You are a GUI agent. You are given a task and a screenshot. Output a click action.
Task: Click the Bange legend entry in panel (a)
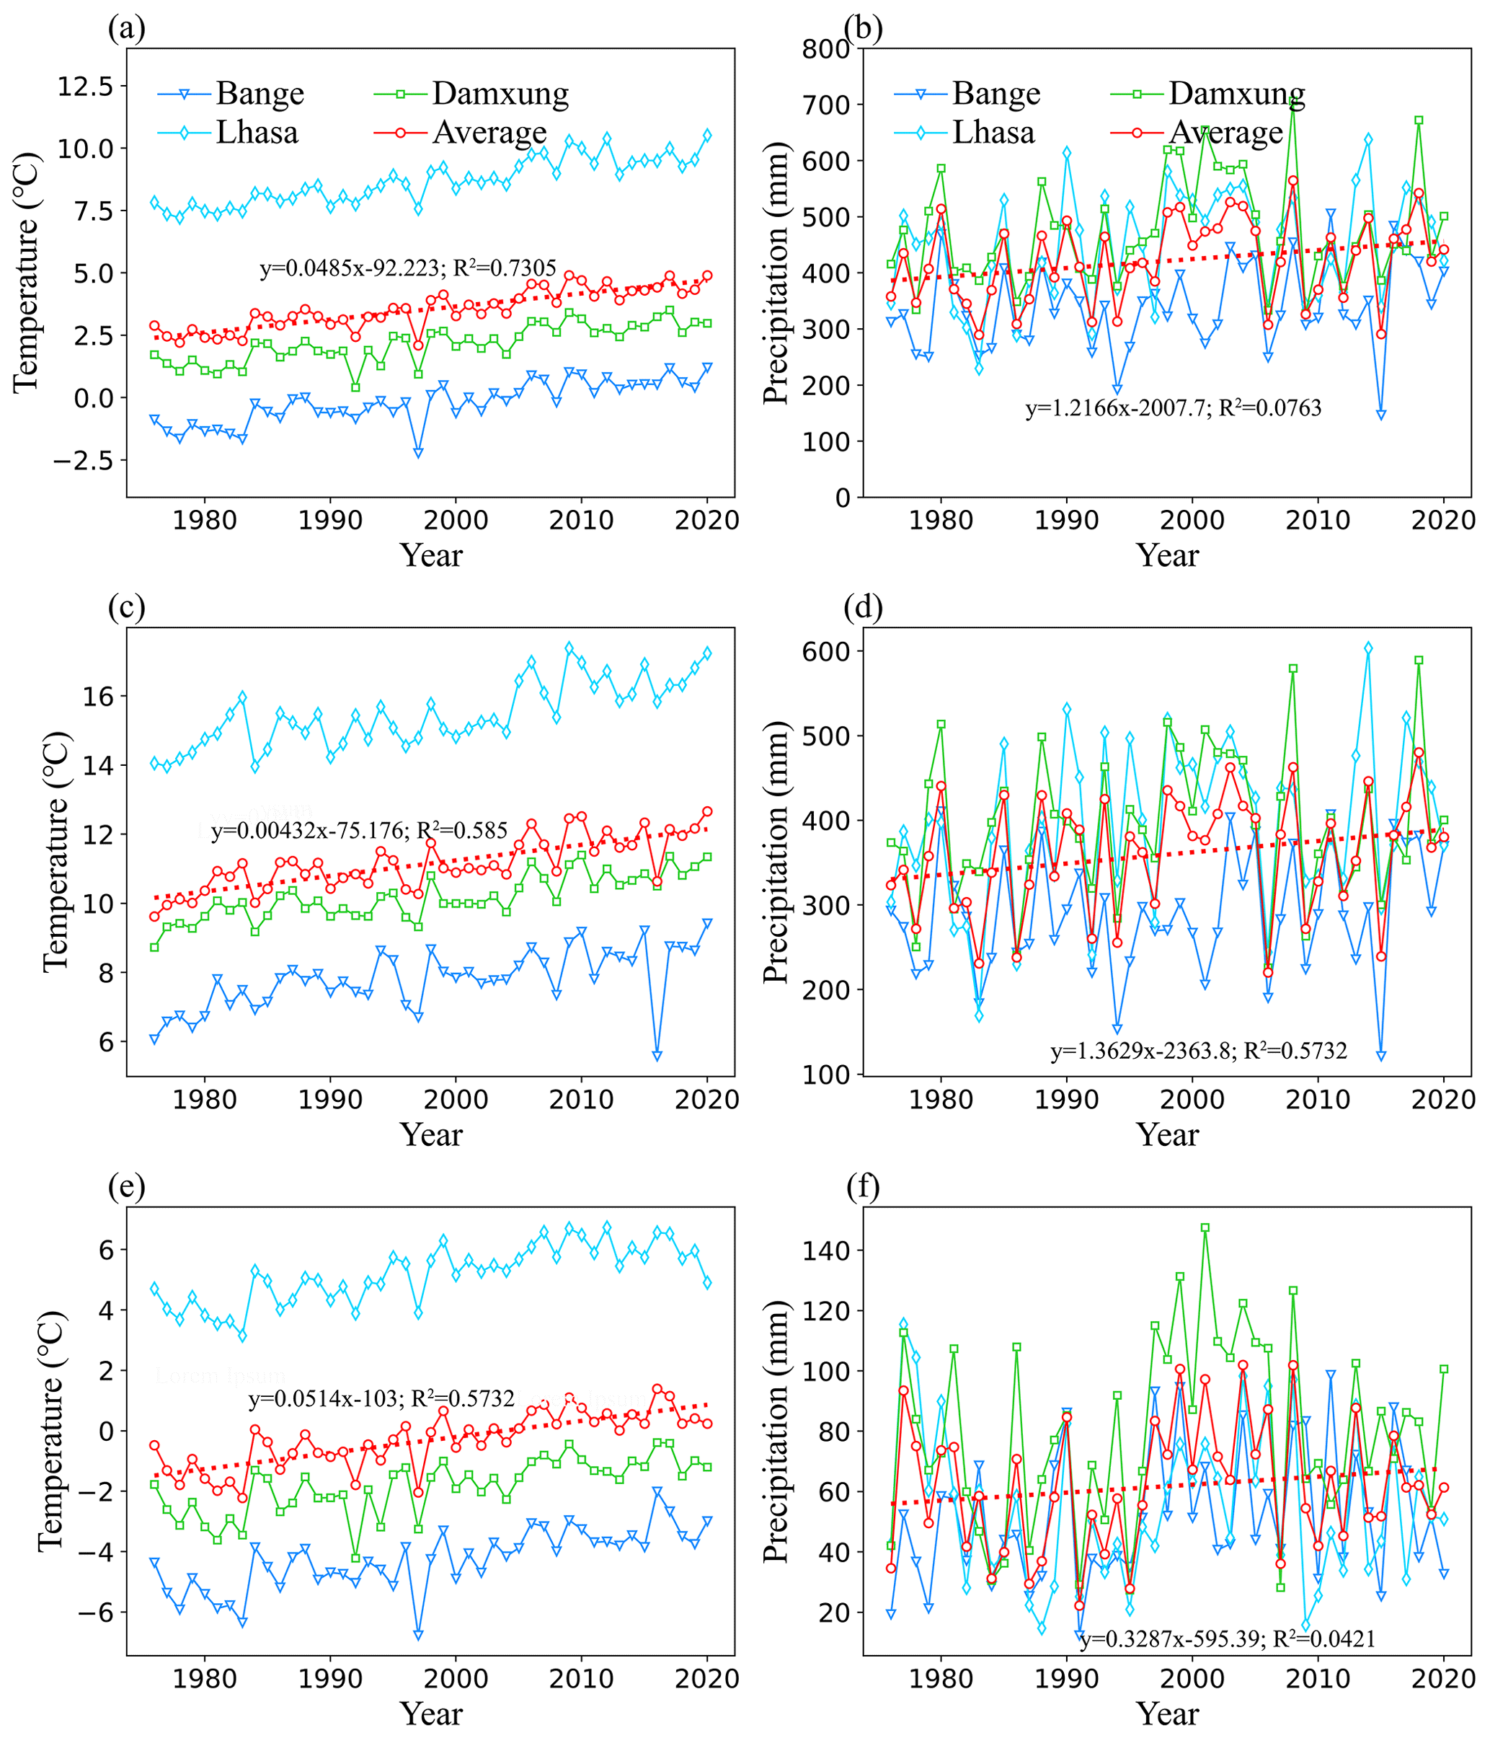pyautogui.click(x=260, y=93)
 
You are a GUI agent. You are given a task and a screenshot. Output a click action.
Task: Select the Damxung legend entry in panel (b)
pyautogui.click(x=1236, y=93)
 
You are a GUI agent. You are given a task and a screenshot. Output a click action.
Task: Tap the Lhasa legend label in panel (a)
pyautogui.click(x=257, y=133)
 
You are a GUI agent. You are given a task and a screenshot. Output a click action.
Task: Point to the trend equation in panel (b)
pyautogui.click(x=1173, y=408)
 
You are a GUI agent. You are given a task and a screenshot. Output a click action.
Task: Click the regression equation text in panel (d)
pyautogui.click(x=1198, y=1051)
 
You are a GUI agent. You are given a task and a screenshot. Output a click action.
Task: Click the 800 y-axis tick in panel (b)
pyautogui.click(x=827, y=48)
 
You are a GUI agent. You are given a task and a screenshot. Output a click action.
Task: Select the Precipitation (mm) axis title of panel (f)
pyautogui.click(x=776, y=1431)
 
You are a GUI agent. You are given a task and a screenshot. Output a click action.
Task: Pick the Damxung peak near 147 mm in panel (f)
pyautogui.click(x=1205, y=1228)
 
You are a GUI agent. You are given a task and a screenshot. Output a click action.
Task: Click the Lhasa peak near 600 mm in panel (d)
pyautogui.click(x=1368, y=648)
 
